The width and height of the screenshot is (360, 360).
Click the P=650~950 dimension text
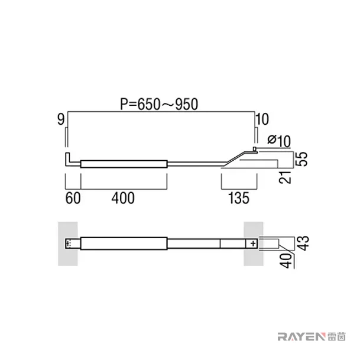click(x=159, y=104)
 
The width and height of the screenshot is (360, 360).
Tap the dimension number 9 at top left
click(x=61, y=119)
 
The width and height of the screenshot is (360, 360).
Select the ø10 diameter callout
click(x=279, y=141)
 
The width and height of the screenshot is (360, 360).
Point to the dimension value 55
click(x=301, y=158)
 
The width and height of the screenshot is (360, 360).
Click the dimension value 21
click(x=285, y=177)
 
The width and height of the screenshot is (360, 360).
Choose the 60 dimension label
click(x=73, y=198)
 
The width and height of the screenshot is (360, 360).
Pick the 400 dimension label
click(x=123, y=198)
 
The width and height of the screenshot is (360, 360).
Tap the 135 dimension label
click(x=239, y=198)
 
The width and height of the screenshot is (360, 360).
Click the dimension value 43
click(x=303, y=243)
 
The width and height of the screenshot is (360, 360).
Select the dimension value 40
click(x=286, y=261)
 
